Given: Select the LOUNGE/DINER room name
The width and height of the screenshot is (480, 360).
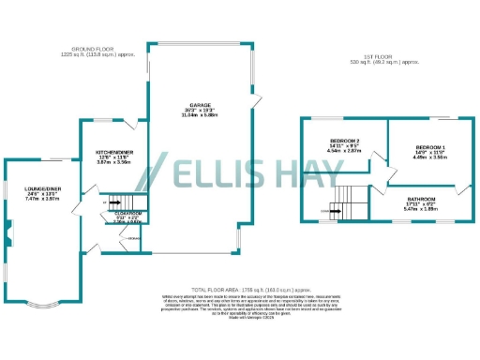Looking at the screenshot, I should [42, 187].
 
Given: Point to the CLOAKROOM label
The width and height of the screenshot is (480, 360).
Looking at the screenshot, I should [128, 214].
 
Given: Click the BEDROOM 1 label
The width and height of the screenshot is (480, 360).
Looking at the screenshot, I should [430, 148].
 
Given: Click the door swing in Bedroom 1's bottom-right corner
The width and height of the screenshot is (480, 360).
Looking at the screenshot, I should [458, 191].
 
